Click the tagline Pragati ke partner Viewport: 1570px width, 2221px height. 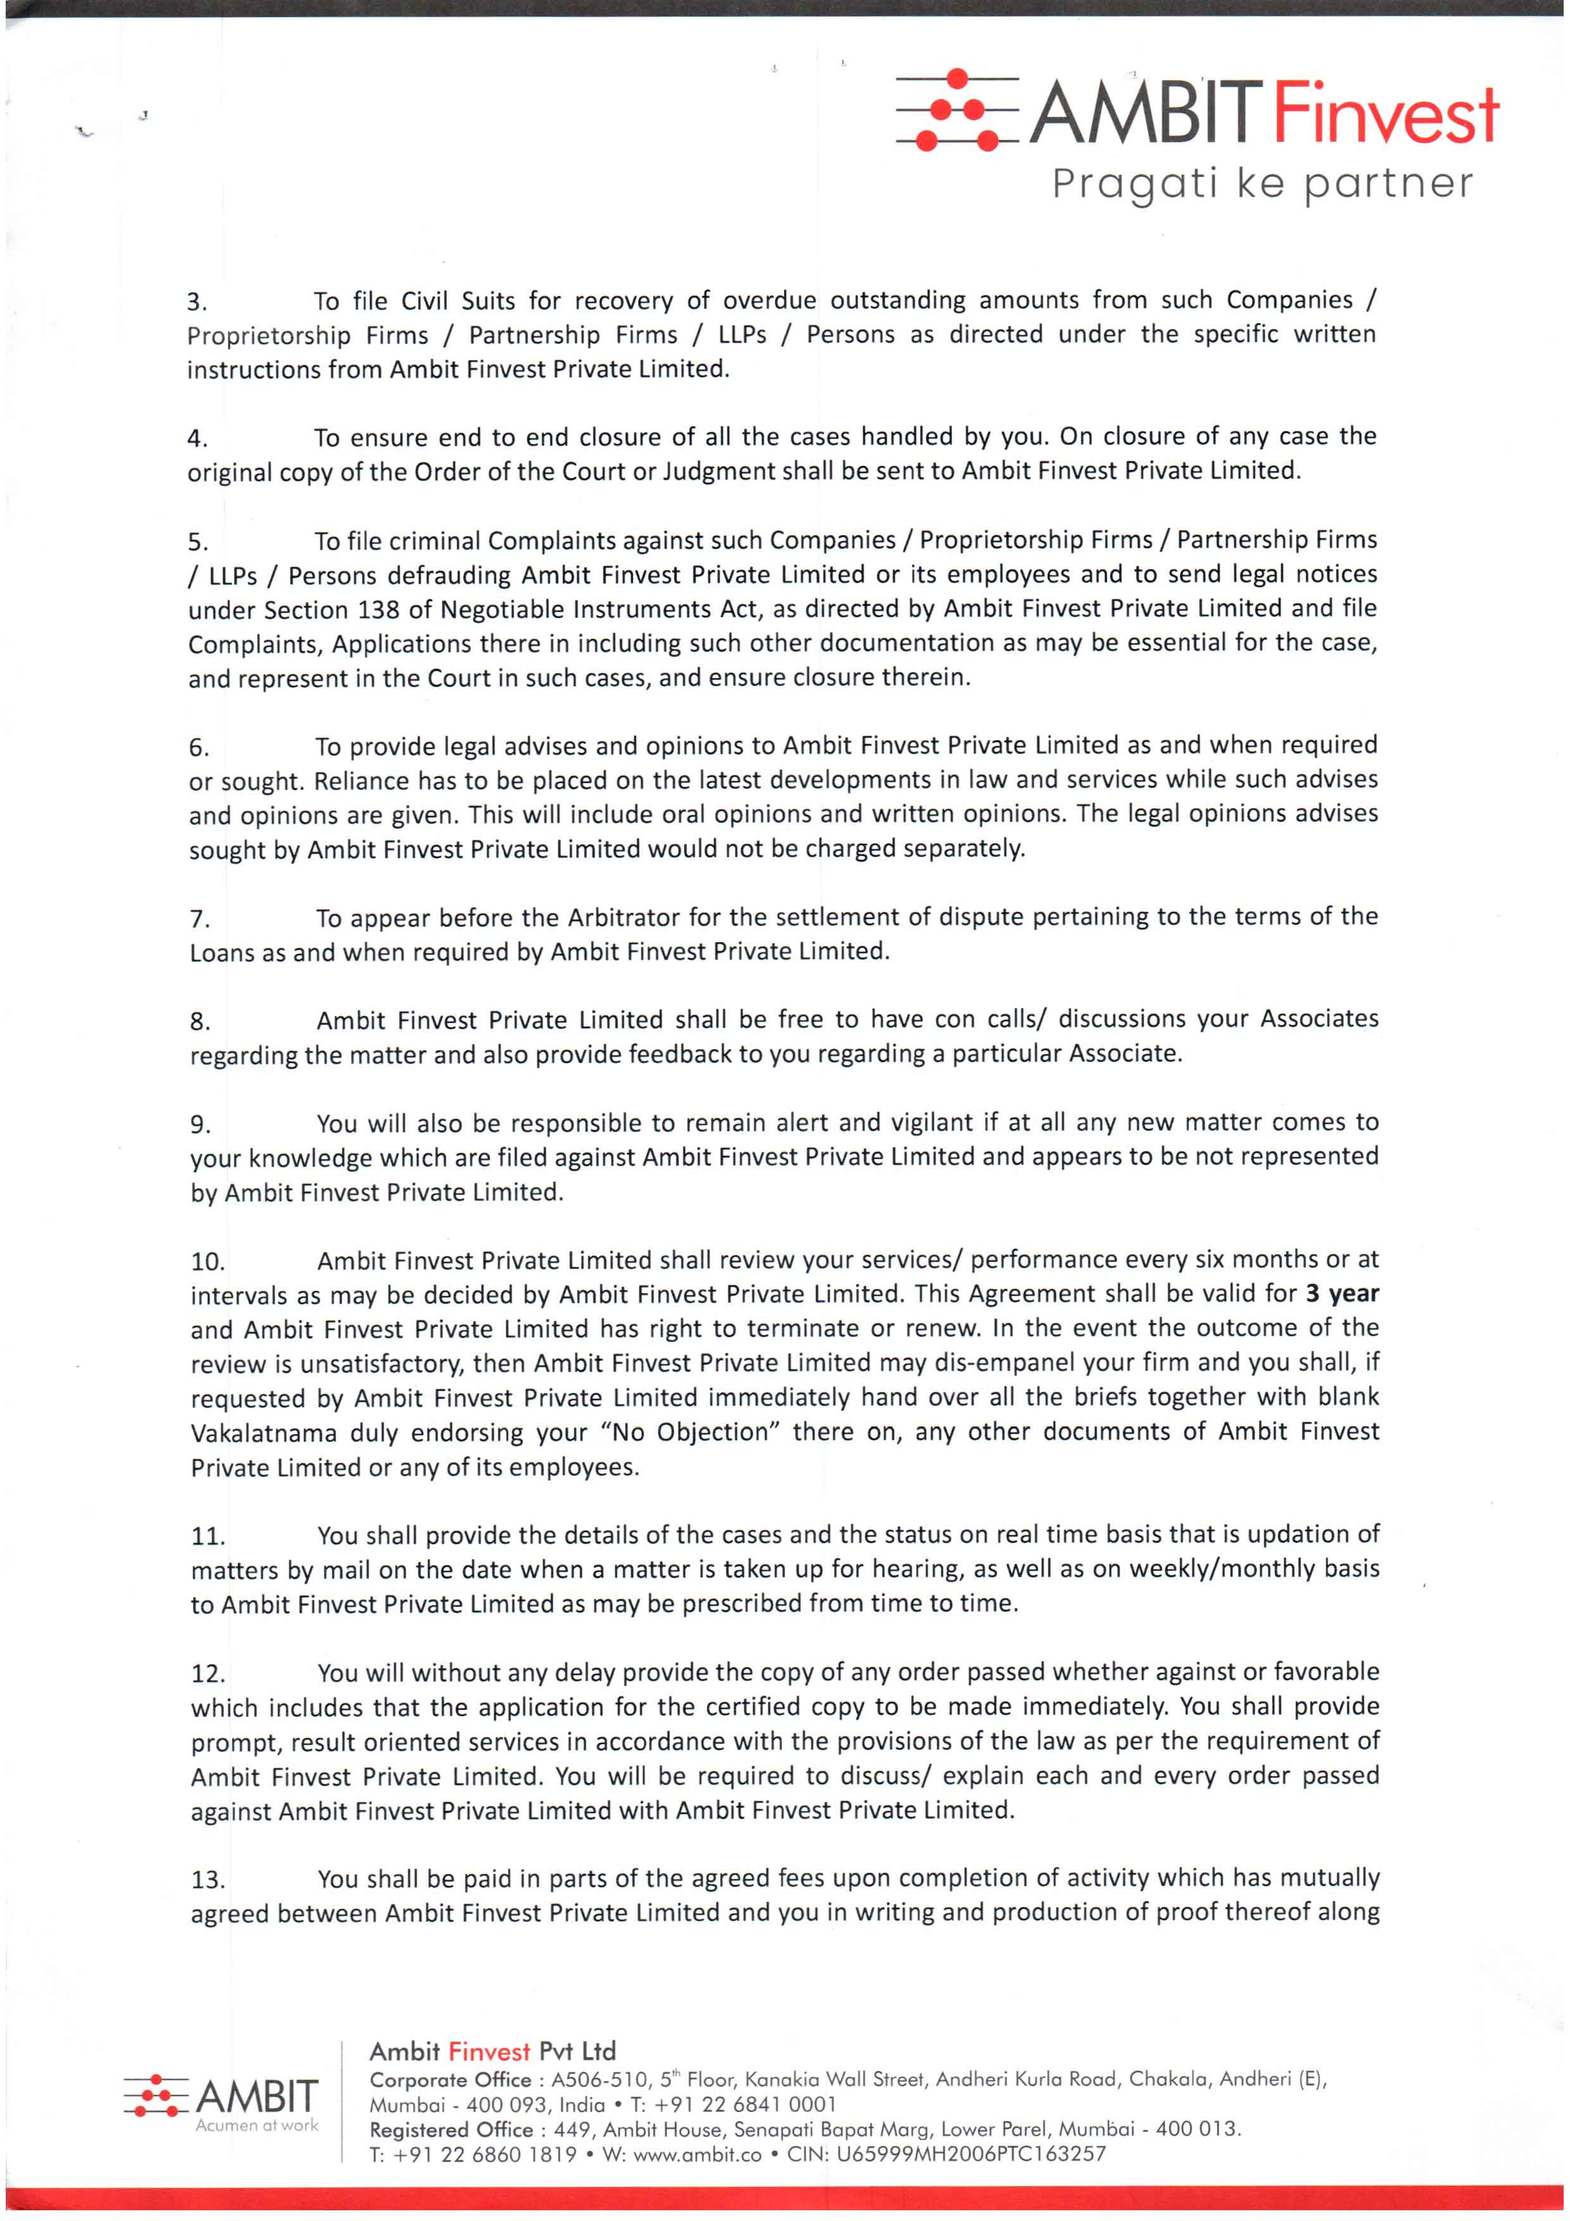click(1262, 184)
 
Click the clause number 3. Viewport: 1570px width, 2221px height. click(196, 302)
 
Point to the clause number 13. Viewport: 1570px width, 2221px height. click(208, 1880)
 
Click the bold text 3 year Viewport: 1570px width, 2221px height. click(1341, 1293)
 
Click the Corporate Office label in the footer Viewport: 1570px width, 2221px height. click(451, 2080)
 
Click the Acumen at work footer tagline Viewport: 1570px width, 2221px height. click(256, 2125)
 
